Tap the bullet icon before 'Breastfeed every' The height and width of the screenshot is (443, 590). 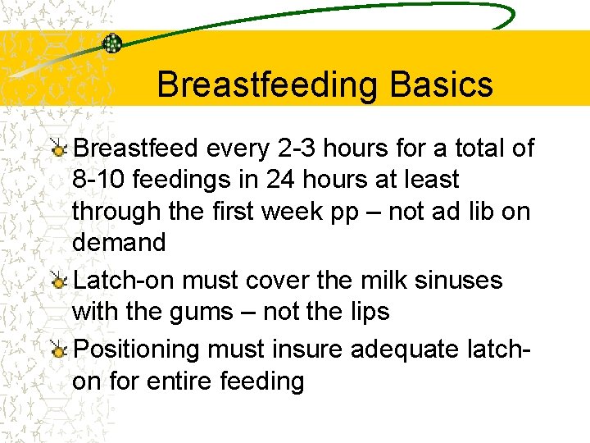pos(59,148)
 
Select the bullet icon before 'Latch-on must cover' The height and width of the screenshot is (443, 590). pos(59,281)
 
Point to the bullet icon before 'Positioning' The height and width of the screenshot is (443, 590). pos(59,350)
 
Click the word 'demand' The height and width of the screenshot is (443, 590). pos(119,242)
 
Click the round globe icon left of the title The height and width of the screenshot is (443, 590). pos(111,43)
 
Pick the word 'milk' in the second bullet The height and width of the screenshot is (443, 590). pos(382,281)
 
